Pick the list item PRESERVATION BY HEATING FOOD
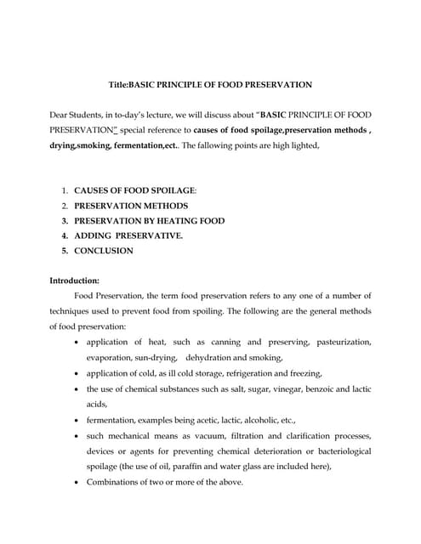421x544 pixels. (149, 220)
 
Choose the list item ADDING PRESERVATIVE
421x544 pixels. (128, 235)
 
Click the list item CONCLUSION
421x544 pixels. (104, 251)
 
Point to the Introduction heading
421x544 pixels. (75, 280)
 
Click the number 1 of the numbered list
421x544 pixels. (64, 190)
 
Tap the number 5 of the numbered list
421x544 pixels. (64, 251)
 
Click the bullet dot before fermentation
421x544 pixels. (78, 420)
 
